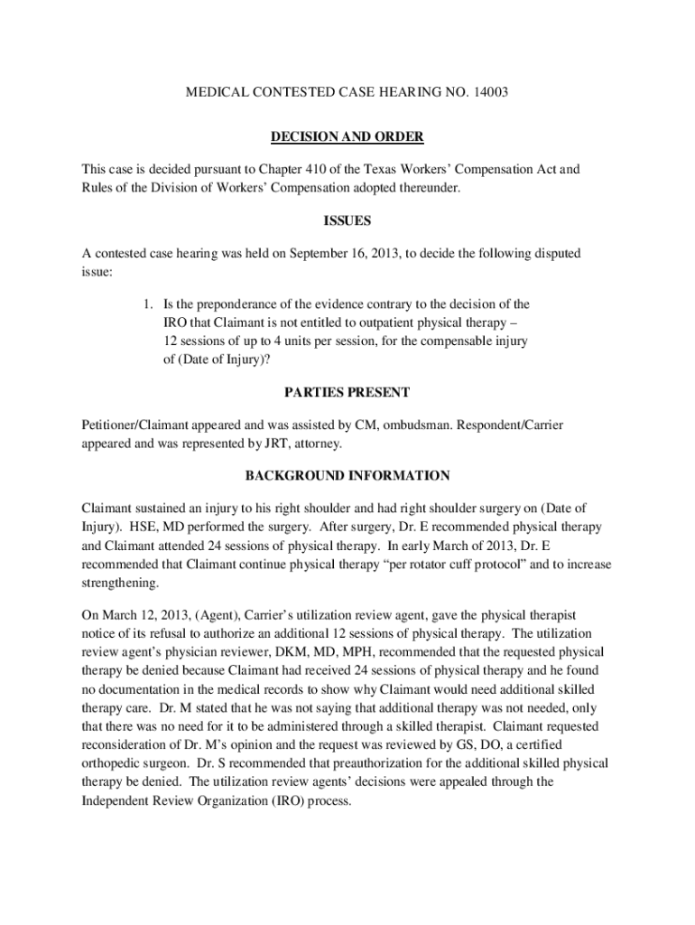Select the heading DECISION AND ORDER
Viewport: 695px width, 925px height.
click(x=347, y=136)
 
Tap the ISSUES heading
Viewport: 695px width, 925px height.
click(x=347, y=220)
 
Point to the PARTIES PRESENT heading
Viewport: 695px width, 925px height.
click(x=347, y=392)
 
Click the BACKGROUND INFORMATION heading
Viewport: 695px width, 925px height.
click(x=347, y=475)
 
